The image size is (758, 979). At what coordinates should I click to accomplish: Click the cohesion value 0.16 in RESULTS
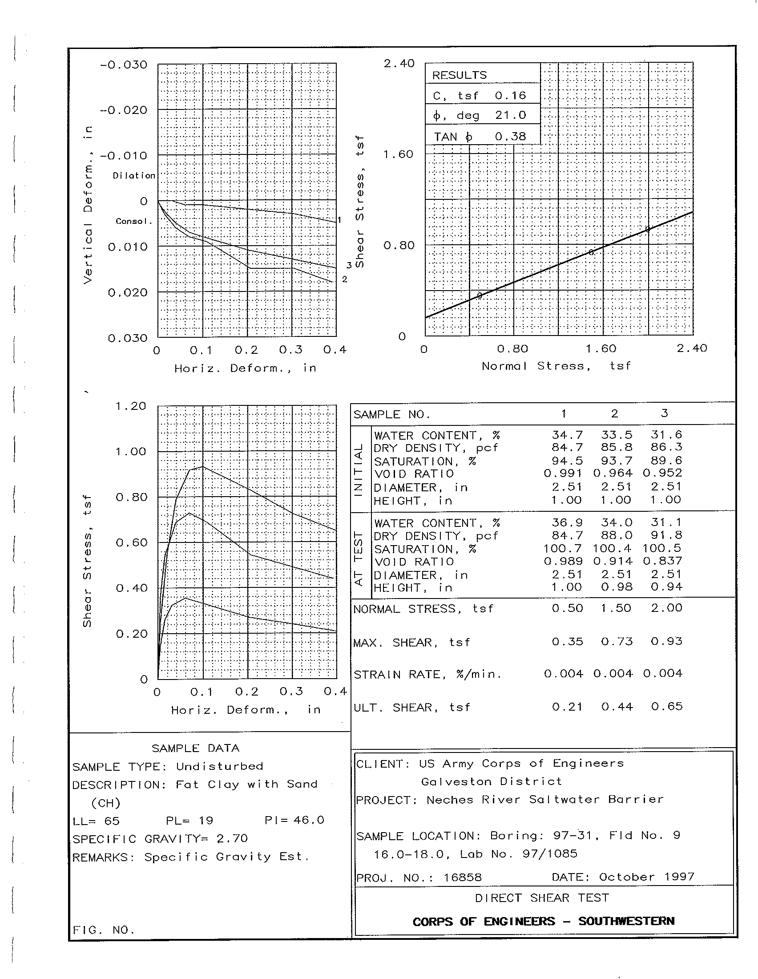click(510, 96)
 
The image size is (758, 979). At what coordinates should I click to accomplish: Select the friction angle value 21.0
click(510, 115)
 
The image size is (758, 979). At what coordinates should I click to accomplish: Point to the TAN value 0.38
click(510, 136)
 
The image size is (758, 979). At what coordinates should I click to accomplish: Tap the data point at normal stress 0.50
click(480, 295)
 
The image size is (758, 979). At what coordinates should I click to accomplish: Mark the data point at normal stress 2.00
click(647, 229)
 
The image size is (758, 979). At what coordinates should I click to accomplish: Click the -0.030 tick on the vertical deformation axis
click(124, 65)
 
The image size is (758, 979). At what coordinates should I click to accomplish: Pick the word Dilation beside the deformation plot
click(133, 176)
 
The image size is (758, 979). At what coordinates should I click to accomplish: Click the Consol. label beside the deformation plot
click(133, 222)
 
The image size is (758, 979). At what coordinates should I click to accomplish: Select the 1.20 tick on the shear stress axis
click(131, 406)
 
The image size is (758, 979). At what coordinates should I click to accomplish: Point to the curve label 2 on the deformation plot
click(344, 279)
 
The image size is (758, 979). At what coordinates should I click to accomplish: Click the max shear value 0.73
click(617, 641)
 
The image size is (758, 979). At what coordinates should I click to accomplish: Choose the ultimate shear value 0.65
click(667, 707)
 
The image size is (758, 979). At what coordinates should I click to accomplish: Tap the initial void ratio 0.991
click(563, 473)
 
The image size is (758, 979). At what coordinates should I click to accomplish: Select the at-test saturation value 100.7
click(563, 548)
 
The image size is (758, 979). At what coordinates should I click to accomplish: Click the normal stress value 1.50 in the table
click(617, 608)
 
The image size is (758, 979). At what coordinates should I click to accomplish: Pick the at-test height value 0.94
click(667, 587)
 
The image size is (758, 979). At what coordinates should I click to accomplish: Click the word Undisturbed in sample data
click(219, 766)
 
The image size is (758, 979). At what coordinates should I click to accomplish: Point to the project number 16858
click(462, 877)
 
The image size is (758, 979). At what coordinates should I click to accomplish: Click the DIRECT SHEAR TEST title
click(542, 898)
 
